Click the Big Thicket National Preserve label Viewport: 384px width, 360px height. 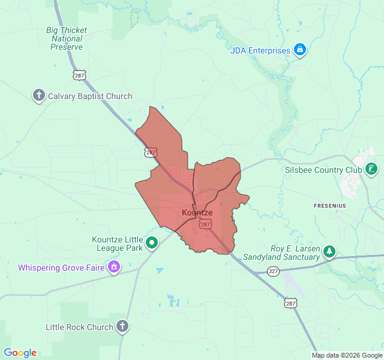point(67,38)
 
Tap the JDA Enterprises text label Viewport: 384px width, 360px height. point(260,50)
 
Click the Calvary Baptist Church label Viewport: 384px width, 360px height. point(90,96)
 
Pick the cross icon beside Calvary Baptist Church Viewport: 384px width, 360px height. point(39,95)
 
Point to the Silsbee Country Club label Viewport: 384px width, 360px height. point(323,169)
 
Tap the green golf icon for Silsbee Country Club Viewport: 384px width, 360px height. point(372,169)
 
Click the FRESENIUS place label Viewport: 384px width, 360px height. point(330,206)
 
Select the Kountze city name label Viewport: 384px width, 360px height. point(197,213)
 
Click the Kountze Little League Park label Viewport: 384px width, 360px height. point(118,243)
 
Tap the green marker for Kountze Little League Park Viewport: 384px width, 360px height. point(152,243)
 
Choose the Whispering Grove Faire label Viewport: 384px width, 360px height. point(61,268)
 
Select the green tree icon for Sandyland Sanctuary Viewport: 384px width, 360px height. point(329,251)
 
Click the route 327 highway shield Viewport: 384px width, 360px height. point(274,271)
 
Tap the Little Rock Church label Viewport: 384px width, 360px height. point(79,327)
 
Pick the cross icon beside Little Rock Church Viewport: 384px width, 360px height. point(122,326)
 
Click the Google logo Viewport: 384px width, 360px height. point(20,353)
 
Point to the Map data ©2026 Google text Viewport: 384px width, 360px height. point(346,355)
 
